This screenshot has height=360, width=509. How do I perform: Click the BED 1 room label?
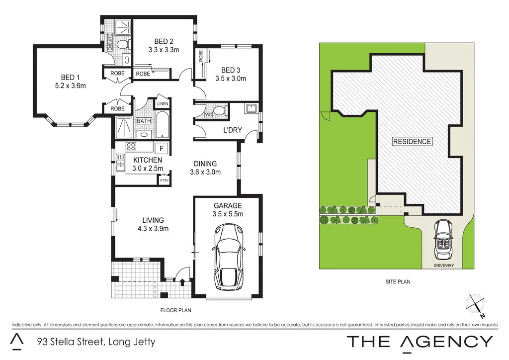[70, 77]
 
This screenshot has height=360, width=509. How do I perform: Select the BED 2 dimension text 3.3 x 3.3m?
[164, 50]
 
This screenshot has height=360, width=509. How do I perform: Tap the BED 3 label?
[231, 70]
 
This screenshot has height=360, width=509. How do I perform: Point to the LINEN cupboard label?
[163, 104]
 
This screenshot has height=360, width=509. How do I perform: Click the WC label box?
[208, 115]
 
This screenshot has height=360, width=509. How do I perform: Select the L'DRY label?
[232, 130]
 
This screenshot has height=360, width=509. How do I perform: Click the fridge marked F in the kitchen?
[160, 147]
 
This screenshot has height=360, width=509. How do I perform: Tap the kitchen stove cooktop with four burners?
[132, 147]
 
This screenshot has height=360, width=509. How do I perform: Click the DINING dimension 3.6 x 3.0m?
[205, 173]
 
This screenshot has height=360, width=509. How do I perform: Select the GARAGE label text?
[228, 206]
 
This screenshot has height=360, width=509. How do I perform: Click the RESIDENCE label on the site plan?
[412, 141]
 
